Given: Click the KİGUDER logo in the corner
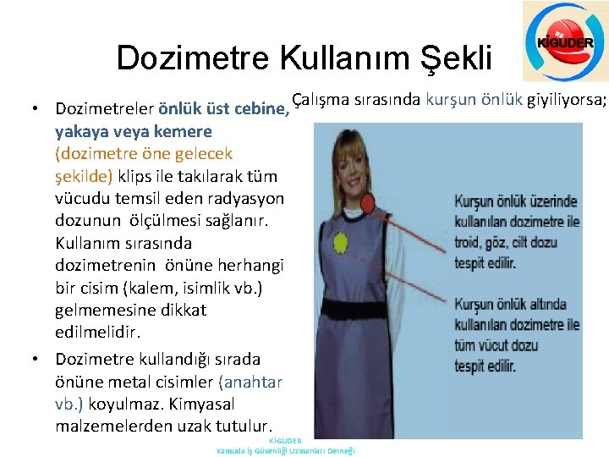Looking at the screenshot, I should tap(564, 41).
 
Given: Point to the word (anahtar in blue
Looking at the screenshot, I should tap(250, 382).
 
